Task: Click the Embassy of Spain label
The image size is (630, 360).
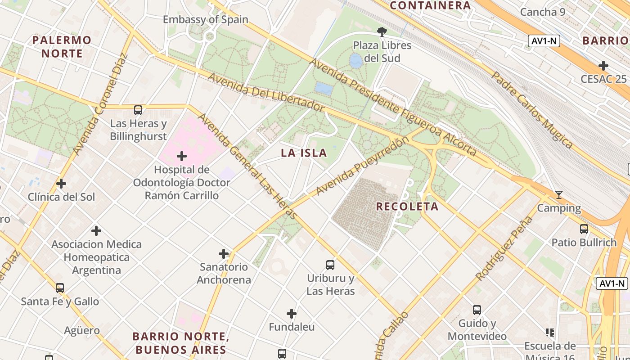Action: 205,19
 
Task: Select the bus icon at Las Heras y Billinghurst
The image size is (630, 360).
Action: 138,110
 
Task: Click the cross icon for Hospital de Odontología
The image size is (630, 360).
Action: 182,156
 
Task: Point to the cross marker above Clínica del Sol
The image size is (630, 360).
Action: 61,184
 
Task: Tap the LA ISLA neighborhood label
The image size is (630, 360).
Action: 304,153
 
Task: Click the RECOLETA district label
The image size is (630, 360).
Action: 407,207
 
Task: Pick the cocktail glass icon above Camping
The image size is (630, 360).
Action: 559,195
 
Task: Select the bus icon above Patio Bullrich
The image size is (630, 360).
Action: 584,229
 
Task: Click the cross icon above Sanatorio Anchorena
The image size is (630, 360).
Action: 224,254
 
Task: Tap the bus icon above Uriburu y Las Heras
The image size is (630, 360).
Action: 330,265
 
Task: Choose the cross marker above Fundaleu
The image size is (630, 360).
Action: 292,314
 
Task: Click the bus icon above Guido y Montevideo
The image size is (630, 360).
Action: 477,310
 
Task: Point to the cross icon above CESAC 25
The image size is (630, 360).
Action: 603,66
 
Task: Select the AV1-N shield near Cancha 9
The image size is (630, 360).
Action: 544,41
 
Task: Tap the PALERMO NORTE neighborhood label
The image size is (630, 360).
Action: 62,47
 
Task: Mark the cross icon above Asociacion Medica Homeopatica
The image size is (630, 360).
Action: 96,231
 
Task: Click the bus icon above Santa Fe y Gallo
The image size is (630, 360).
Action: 60,288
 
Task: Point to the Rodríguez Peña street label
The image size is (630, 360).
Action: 504,248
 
